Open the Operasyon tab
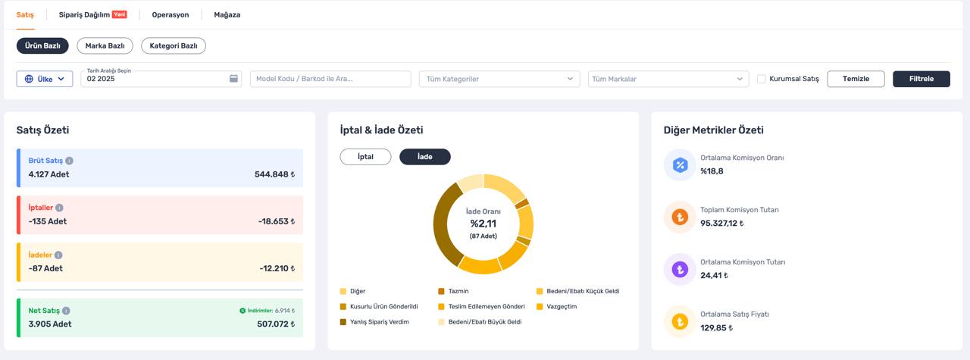[171, 14]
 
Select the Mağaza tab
[227, 14]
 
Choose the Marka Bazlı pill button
[105, 46]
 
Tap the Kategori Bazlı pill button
[174, 46]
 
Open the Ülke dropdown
[45, 79]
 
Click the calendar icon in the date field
[233, 78]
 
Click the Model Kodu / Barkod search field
[330, 79]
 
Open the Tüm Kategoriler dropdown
[499, 79]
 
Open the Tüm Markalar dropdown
[668, 79]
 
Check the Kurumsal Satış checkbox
[761, 79]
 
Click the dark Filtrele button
[921, 79]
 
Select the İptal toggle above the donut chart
[365, 157]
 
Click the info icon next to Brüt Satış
[69, 161]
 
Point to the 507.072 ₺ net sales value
[276, 324]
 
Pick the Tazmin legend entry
[453, 291]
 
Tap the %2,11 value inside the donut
[483, 224]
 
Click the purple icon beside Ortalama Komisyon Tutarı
[680, 270]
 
